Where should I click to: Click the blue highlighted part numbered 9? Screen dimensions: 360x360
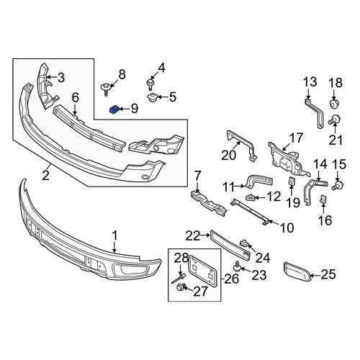tap(114, 110)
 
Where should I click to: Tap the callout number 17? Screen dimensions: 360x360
tap(296, 138)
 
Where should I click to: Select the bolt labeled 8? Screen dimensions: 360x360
tap(105, 89)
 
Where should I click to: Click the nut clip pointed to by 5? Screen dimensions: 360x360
tap(152, 98)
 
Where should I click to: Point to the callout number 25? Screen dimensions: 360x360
tap(328, 274)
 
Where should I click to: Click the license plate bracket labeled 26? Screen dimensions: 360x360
tap(203, 271)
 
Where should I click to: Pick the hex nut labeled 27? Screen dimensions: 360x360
tap(180, 287)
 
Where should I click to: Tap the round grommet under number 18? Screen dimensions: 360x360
tap(334, 103)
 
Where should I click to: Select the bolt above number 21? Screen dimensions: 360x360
tap(334, 120)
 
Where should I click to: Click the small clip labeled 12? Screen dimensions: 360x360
tap(250, 197)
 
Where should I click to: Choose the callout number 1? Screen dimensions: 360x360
tap(115, 235)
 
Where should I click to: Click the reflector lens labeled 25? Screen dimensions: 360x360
tap(297, 271)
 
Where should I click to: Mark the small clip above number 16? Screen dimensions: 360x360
tap(323, 199)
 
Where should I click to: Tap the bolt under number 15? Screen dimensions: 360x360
tap(338, 185)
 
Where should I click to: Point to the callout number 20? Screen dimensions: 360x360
tap(229, 155)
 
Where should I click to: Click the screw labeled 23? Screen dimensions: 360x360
tap(238, 267)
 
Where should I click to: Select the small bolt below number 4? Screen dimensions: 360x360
tap(150, 84)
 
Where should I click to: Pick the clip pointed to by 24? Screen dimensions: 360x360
tap(243, 243)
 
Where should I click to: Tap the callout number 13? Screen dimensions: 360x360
tap(310, 81)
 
